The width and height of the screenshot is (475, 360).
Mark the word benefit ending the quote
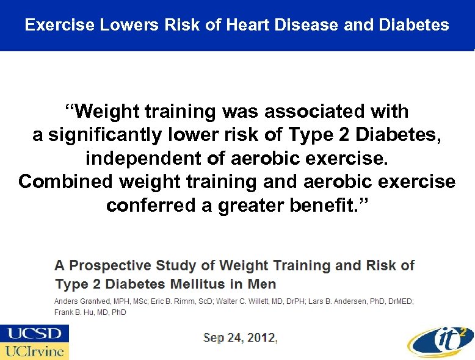coord(326,205)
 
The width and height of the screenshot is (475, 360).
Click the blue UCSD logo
coord(34,333)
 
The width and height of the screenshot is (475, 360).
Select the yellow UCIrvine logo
coord(34,351)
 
